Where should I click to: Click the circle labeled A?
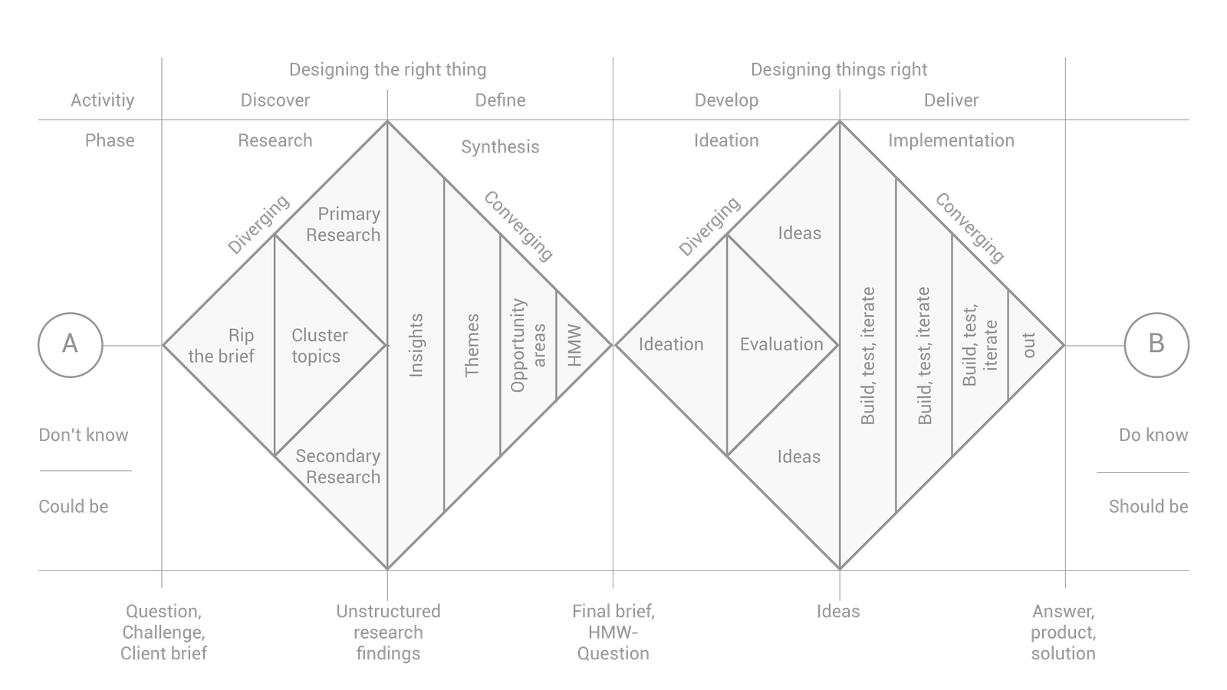click(70, 344)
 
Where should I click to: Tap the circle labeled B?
click(1156, 344)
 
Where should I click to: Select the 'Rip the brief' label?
click(222, 346)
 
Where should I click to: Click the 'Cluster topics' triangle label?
click(319, 346)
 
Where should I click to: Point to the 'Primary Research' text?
click(343, 225)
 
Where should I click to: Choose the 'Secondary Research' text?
click(338, 466)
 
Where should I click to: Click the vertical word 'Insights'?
click(416, 345)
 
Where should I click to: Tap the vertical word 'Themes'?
click(472, 345)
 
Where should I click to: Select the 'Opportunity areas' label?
click(528, 345)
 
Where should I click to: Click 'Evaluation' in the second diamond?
click(781, 345)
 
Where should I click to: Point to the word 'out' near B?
click(1029, 345)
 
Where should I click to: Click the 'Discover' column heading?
click(275, 100)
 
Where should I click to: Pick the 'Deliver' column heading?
click(951, 100)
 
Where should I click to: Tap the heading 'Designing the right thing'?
click(387, 70)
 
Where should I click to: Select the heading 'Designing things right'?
click(839, 70)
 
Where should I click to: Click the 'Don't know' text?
click(84, 435)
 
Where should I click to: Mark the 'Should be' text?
click(1148, 507)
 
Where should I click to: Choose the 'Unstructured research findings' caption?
click(387, 632)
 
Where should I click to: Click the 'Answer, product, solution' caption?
click(1063, 632)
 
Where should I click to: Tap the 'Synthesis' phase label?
click(500, 146)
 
